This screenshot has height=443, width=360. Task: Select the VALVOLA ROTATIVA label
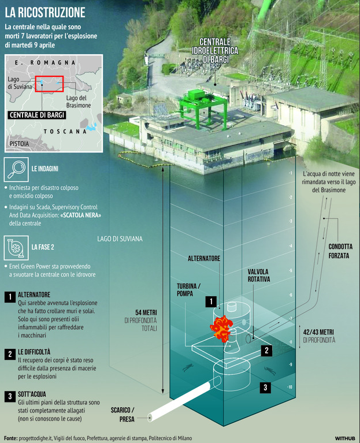(x=259, y=274)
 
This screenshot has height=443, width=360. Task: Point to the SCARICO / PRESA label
(x=125, y=414)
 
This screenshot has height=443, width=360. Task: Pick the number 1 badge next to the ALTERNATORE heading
(x=9, y=297)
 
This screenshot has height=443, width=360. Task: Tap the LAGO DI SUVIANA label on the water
(x=120, y=239)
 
